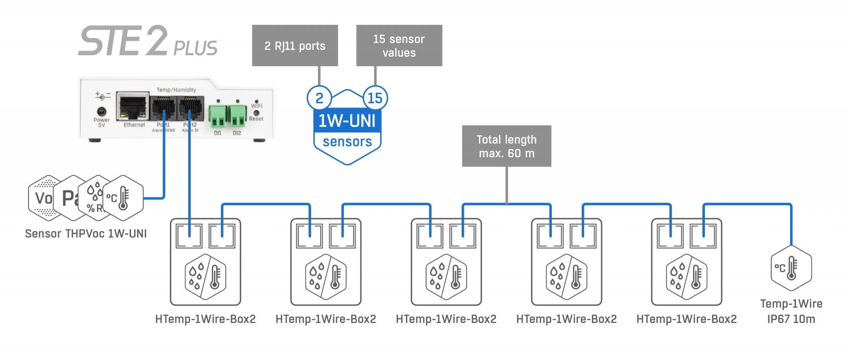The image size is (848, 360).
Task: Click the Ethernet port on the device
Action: [x=133, y=108]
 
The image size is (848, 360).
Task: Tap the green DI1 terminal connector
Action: [x=217, y=116]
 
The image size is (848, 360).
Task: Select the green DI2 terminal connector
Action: [x=237, y=116]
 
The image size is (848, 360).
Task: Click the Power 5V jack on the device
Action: [x=101, y=112]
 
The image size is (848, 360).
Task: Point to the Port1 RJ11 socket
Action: [x=163, y=109]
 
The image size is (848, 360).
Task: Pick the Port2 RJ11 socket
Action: [x=190, y=109]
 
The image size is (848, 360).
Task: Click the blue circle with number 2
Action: [x=319, y=98]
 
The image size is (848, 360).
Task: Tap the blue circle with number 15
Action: [x=375, y=98]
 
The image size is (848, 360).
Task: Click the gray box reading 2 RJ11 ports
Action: [x=295, y=46]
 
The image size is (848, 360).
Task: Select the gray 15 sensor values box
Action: [x=399, y=46]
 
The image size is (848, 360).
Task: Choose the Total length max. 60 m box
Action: [x=506, y=146]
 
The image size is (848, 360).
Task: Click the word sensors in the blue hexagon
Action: [x=347, y=142]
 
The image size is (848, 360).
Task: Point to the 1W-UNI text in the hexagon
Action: [x=347, y=121]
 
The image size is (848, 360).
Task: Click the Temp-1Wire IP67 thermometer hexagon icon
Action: [x=791, y=268]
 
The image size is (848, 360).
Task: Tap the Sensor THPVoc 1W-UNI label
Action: [x=86, y=233]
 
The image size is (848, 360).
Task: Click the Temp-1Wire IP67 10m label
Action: [x=791, y=311]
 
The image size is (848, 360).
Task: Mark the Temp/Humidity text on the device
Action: [x=176, y=90]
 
